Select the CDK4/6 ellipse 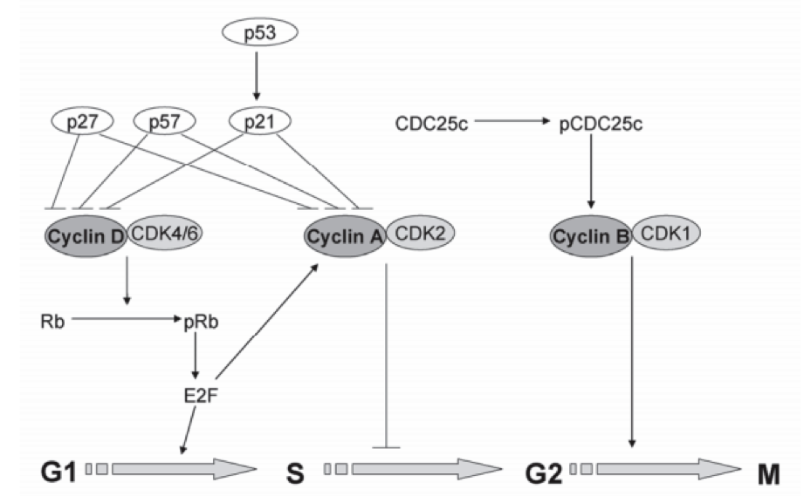(x=162, y=234)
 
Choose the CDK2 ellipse (x=421, y=234)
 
